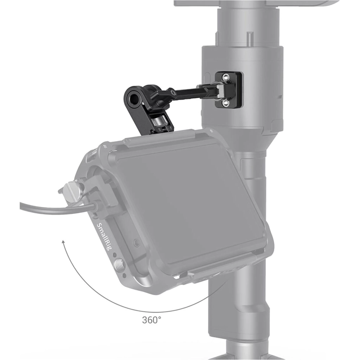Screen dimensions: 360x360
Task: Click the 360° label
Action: (152, 320)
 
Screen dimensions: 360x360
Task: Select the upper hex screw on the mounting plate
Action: (225, 77)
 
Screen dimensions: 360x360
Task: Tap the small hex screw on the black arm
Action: (173, 92)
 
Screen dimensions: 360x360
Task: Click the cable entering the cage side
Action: (57, 208)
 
